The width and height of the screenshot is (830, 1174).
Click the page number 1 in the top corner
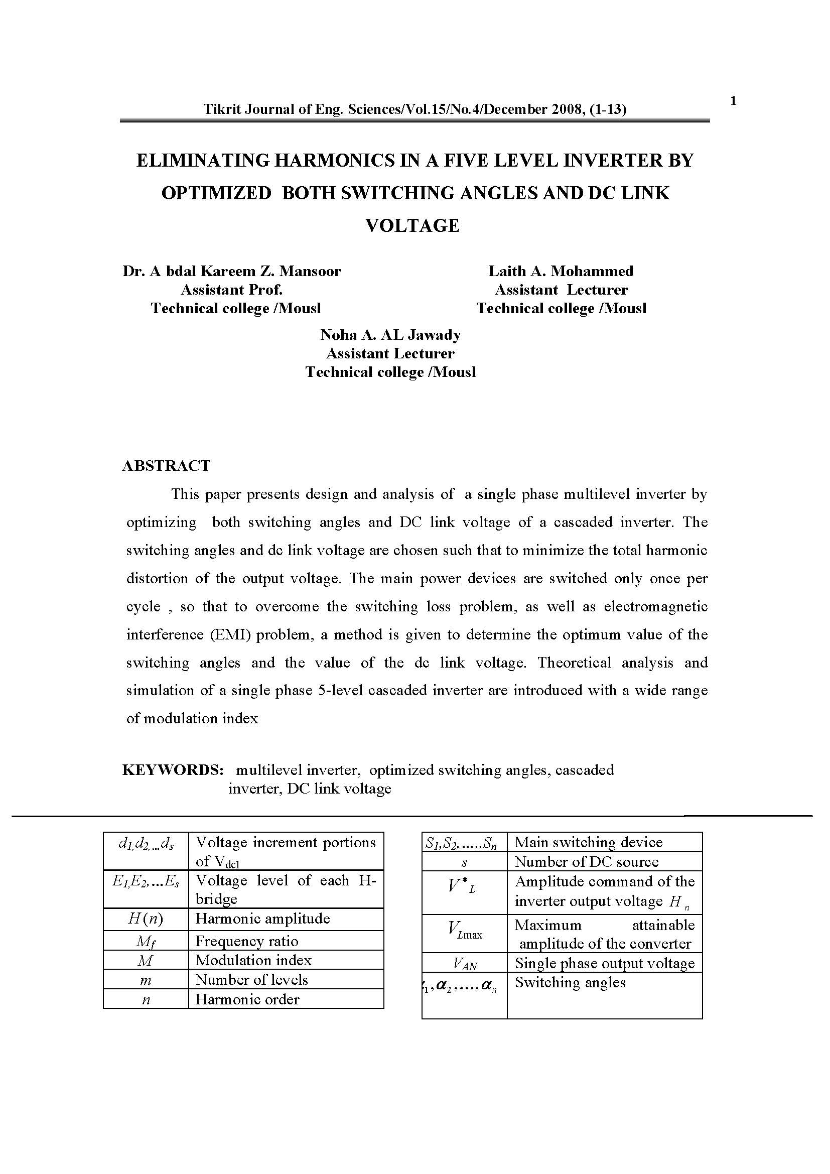click(734, 101)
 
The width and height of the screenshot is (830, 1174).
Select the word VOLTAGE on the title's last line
click(412, 225)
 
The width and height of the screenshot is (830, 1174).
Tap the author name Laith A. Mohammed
click(561, 271)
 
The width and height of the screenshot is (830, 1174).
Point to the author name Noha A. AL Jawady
click(390, 335)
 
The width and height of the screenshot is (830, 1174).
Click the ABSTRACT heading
click(166, 466)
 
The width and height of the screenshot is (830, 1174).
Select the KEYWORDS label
click(173, 770)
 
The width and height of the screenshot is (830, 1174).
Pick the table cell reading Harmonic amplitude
click(262, 919)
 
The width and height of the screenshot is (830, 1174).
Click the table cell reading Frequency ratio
click(247, 941)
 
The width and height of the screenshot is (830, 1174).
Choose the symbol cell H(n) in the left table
click(146, 920)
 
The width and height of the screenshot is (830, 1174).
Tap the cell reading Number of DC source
click(586, 862)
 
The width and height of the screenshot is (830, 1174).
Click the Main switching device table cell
click(588, 842)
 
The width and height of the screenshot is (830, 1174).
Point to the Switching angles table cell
click(570, 982)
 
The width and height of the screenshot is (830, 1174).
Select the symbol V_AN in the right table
click(465, 964)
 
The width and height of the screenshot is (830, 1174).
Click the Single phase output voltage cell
click(605, 963)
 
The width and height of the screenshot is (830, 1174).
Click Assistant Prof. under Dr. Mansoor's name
click(231, 290)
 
